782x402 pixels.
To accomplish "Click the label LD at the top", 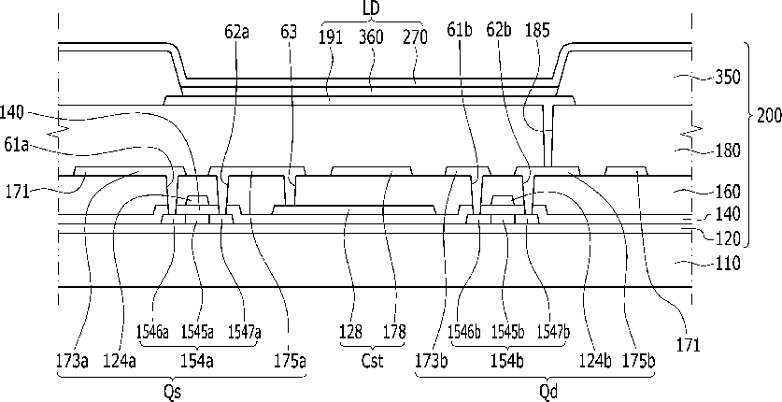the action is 372,10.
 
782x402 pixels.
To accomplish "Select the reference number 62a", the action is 236,32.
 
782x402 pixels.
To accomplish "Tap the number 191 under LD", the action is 331,37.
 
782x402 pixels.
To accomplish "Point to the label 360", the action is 371,37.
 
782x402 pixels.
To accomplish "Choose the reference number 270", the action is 416,37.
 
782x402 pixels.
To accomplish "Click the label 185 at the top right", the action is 537,31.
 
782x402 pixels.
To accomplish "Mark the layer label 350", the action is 728,78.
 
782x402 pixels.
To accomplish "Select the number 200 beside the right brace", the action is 768,116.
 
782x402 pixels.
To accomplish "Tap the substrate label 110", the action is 728,263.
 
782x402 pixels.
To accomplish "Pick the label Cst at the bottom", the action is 372,361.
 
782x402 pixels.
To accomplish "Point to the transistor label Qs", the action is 173,392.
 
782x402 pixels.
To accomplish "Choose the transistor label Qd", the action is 548,392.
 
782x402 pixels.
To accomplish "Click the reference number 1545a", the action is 197,332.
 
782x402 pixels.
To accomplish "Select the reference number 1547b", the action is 553,332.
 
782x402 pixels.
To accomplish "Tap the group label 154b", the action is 507,361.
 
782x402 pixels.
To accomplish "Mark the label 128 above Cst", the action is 351,332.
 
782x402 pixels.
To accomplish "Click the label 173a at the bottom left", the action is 73,361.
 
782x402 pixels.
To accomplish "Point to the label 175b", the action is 638,361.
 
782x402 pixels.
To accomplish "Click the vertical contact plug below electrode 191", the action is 547,136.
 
